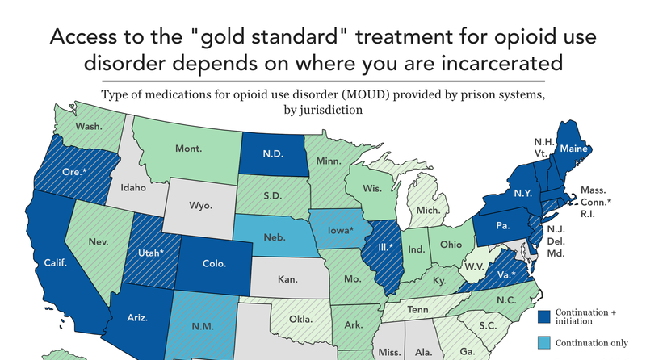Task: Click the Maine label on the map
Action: tap(575, 148)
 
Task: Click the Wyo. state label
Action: tap(200, 205)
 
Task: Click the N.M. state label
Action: tap(202, 326)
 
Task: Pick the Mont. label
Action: tap(188, 149)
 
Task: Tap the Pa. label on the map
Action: tap(503, 226)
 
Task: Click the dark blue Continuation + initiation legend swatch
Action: tap(544, 316)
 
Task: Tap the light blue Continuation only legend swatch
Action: tap(544, 342)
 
